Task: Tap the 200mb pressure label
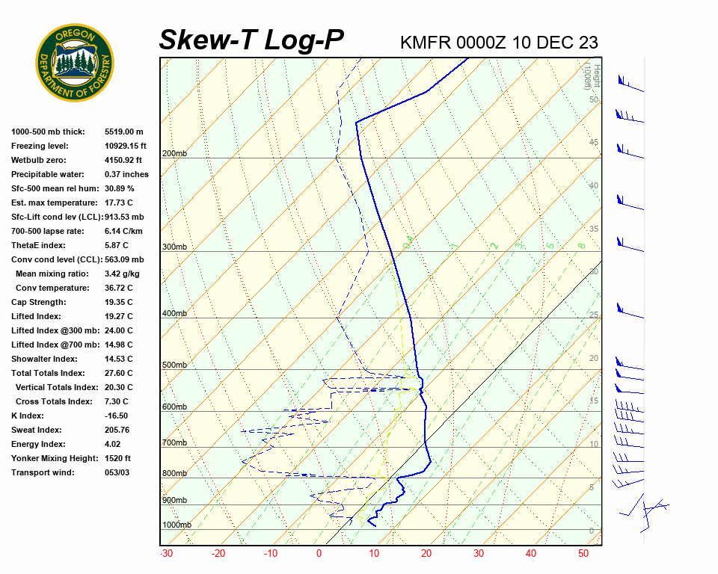(x=174, y=154)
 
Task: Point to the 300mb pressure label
(x=174, y=247)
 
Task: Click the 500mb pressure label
(x=174, y=365)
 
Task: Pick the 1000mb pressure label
(x=177, y=525)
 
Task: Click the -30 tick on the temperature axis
(x=166, y=554)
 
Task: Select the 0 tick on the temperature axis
(x=319, y=554)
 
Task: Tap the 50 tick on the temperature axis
(x=583, y=554)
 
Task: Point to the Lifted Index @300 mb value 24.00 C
(x=119, y=330)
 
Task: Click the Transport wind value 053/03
(x=117, y=472)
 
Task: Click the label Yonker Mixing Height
(x=55, y=458)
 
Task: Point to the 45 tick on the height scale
(x=594, y=143)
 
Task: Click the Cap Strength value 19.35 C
(x=119, y=302)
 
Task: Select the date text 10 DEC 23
(x=556, y=43)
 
